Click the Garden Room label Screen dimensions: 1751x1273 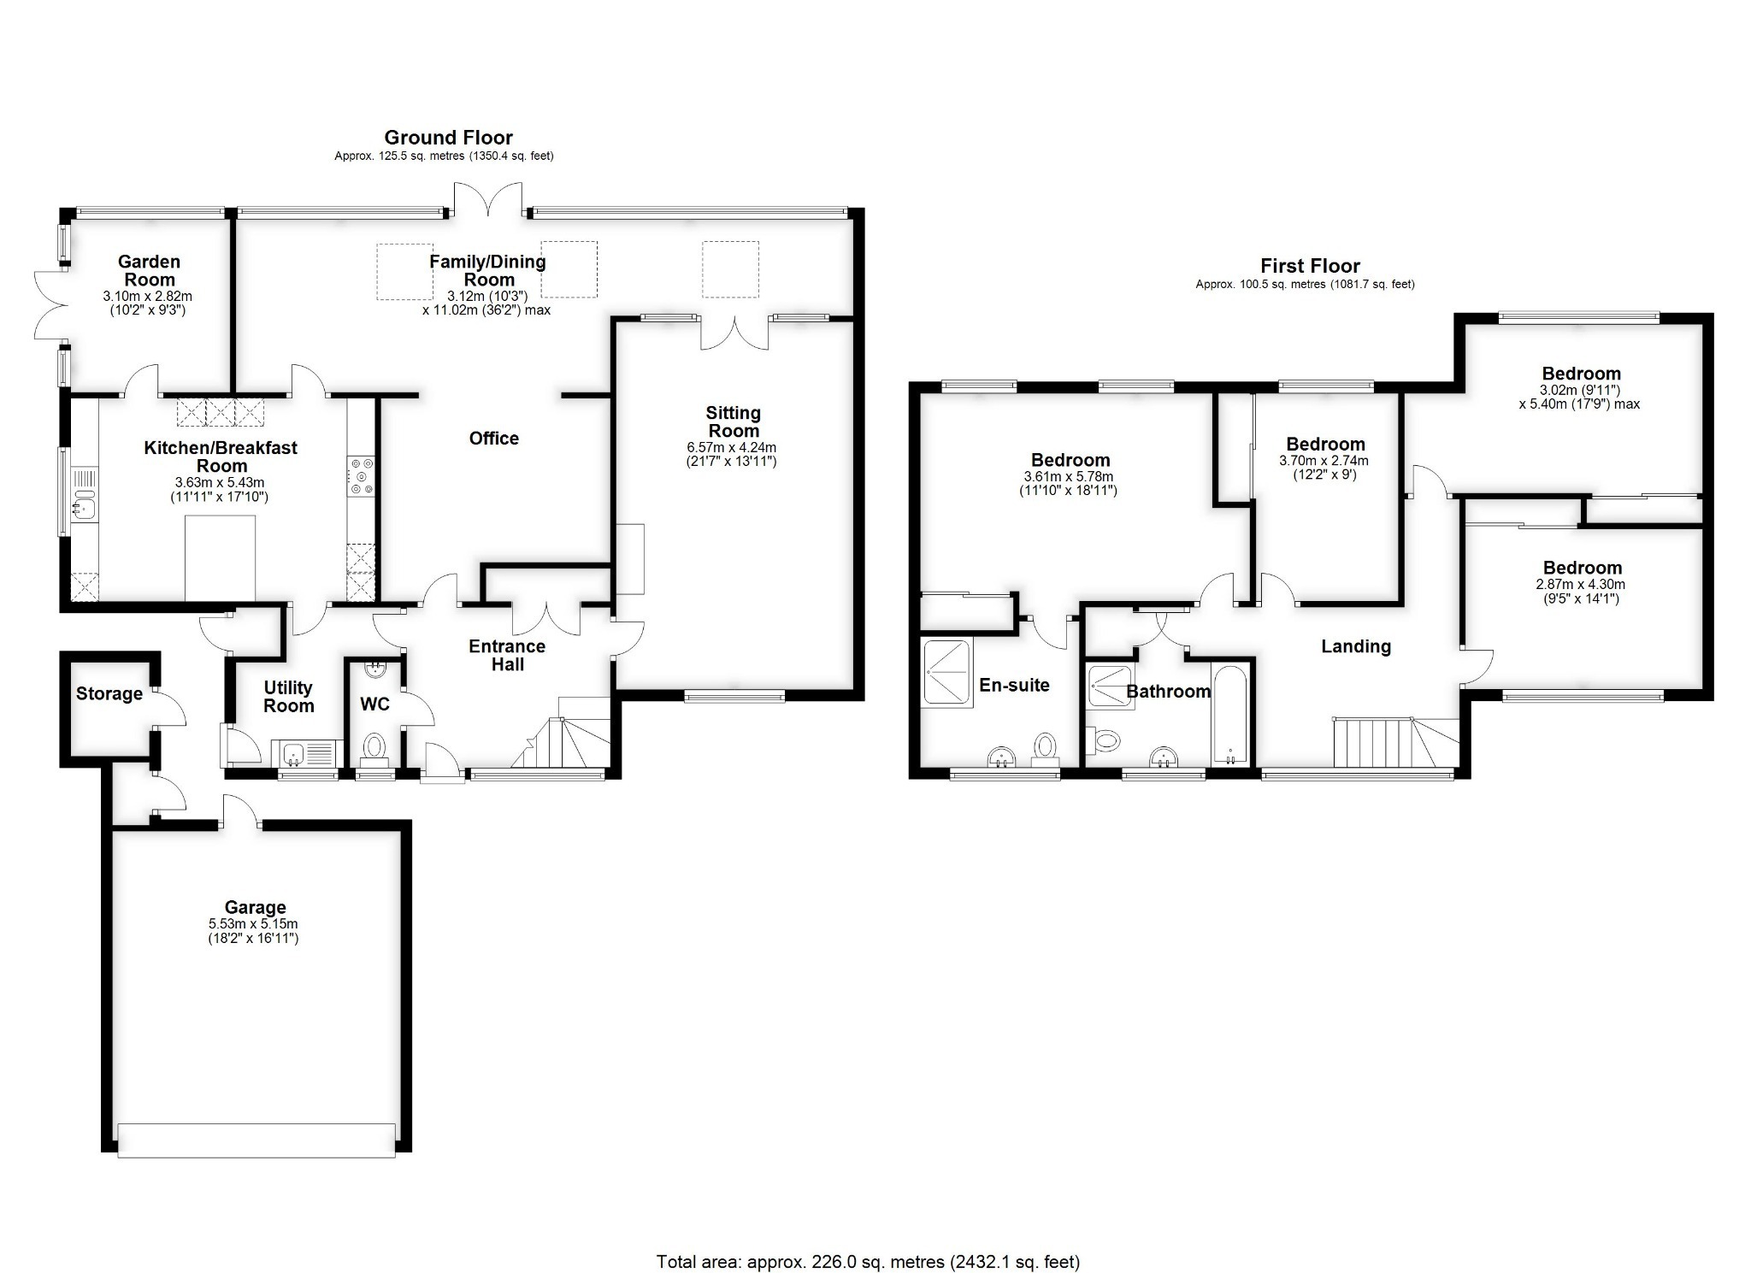149,271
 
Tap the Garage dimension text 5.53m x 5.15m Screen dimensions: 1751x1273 253,924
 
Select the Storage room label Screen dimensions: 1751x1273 109,693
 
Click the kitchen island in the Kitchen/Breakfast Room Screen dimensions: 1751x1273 221,557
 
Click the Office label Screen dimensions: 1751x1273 494,439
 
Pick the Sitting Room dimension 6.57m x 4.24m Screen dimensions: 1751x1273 734,447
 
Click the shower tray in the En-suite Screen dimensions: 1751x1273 947,672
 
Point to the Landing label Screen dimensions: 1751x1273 1356,646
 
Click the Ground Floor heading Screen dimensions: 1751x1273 448,138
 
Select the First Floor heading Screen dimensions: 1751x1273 1310,267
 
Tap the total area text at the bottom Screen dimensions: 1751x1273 868,1262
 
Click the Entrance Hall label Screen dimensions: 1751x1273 507,655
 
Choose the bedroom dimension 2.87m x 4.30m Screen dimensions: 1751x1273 1583,585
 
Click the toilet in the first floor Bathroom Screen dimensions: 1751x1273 1103,740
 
